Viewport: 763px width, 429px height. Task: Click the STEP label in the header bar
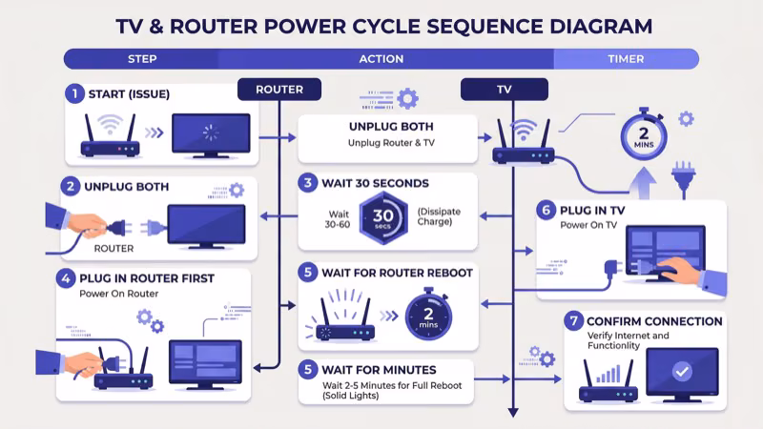coord(142,59)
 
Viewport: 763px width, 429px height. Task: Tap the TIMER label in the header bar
coord(626,59)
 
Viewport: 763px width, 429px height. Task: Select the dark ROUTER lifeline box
coord(278,90)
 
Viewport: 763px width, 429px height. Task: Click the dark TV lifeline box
coord(504,90)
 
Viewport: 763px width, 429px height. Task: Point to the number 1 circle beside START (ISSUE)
coord(73,93)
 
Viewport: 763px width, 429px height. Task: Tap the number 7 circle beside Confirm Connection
coord(574,321)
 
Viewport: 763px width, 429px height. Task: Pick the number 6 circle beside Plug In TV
coord(545,210)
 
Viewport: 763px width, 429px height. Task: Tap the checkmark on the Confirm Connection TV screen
coord(682,373)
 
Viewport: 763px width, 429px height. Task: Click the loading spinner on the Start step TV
coord(210,133)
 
